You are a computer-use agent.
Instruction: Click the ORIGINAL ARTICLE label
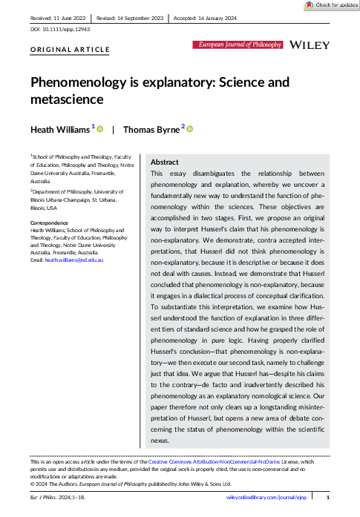[x=70, y=50]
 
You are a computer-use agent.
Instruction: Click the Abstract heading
[x=164, y=162]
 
